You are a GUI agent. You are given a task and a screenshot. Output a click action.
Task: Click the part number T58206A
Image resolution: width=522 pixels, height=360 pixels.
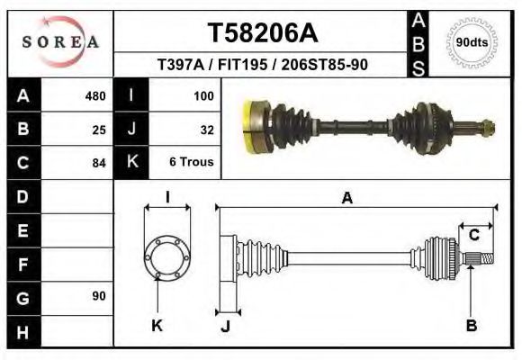coord(263,33)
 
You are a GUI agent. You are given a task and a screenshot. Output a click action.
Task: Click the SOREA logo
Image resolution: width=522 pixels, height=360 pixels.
coord(60,42)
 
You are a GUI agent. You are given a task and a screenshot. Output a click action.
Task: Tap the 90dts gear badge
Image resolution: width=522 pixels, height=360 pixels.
coord(472,42)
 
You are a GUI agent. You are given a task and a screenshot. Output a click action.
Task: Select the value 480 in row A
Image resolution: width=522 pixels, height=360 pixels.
coord(94,95)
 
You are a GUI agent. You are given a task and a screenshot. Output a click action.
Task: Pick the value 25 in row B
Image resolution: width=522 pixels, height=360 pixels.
coord(99,130)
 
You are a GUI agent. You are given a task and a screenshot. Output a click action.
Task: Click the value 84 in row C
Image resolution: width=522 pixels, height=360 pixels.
coord(99,163)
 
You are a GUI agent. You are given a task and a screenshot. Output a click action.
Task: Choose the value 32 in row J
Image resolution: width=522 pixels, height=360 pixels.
coord(206,130)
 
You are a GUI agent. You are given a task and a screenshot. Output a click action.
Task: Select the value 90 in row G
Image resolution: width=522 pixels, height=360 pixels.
coord(98,296)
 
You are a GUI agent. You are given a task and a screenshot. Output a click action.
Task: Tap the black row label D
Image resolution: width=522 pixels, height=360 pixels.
coord(22,196)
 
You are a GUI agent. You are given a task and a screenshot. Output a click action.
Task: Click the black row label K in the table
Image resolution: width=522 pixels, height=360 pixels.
coord(132,163)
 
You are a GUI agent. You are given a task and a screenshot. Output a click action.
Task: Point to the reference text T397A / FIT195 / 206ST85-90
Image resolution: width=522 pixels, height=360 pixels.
coord(262,66)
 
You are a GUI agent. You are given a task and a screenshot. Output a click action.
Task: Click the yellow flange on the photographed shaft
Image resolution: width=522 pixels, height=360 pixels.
coord(253,127)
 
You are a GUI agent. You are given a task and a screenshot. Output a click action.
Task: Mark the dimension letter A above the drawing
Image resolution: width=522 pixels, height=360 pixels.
coord(346,199)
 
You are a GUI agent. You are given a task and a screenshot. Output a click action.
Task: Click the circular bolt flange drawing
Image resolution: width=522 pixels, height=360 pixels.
coord(167,257)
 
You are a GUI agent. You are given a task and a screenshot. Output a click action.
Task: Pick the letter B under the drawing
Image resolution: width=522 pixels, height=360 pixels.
coord(471,326)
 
